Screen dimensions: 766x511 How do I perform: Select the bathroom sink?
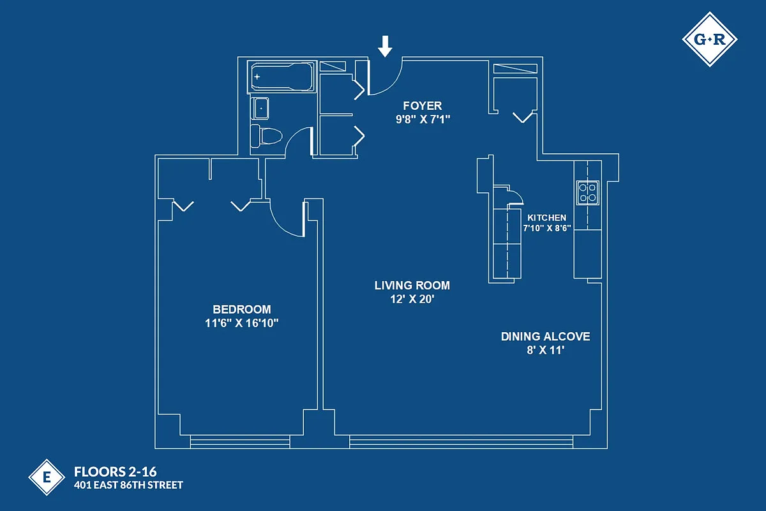(261, 108)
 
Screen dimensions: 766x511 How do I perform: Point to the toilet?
(267, 136)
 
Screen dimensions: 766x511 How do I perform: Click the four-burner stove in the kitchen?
(587, 192)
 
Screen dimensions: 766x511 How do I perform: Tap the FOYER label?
(421, 105)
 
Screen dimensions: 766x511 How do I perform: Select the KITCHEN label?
(546, 218)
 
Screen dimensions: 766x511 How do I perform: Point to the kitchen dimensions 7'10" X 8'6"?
(546, 228)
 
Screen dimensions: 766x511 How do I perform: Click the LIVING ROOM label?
(412, 286)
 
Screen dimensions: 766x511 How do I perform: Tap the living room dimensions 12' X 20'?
(412, 299)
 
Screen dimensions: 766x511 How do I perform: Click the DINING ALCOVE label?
(545, 337)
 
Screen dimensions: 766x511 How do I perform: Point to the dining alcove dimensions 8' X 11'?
(545, 350)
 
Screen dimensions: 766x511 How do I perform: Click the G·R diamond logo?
(709, 40)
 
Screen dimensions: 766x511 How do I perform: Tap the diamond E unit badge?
(47, 477)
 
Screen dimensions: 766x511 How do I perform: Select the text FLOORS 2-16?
(116, 473)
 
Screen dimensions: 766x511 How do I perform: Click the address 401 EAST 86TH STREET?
(128, 485)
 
